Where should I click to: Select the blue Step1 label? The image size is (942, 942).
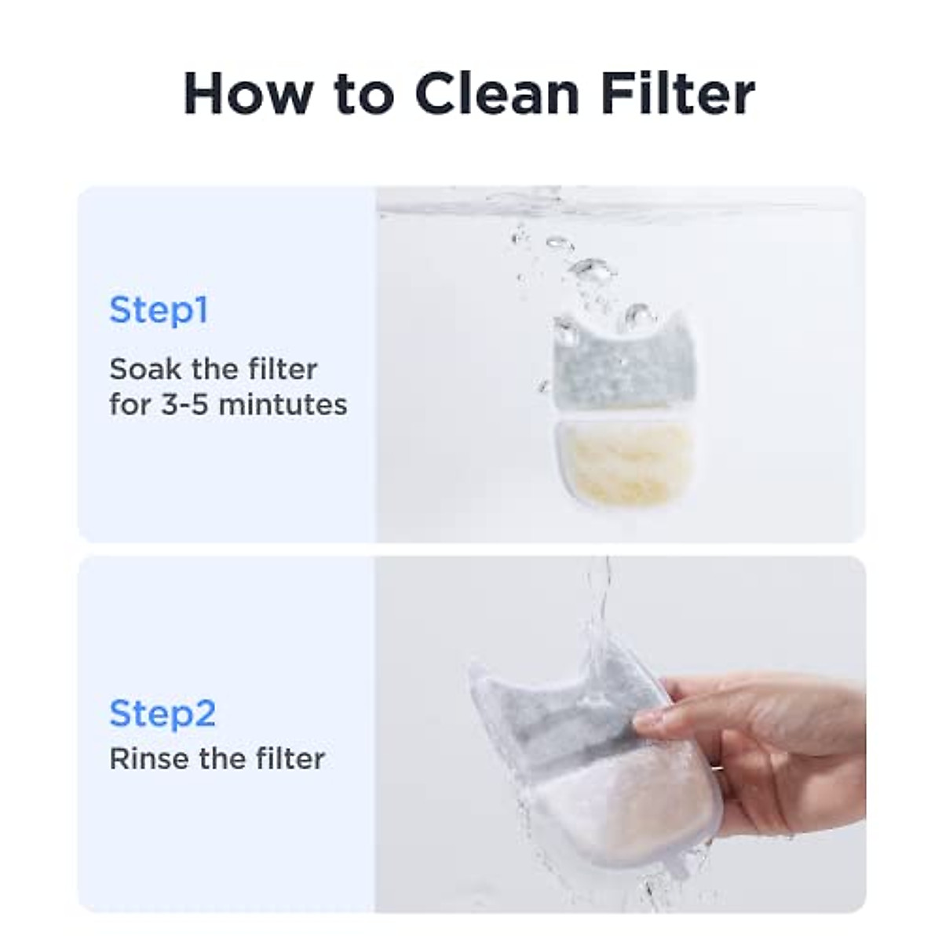[159, 309]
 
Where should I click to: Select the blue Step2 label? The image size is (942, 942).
[162, 713]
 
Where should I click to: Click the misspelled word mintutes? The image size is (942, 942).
[283, 404]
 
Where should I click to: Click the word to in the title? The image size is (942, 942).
[363, 93]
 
